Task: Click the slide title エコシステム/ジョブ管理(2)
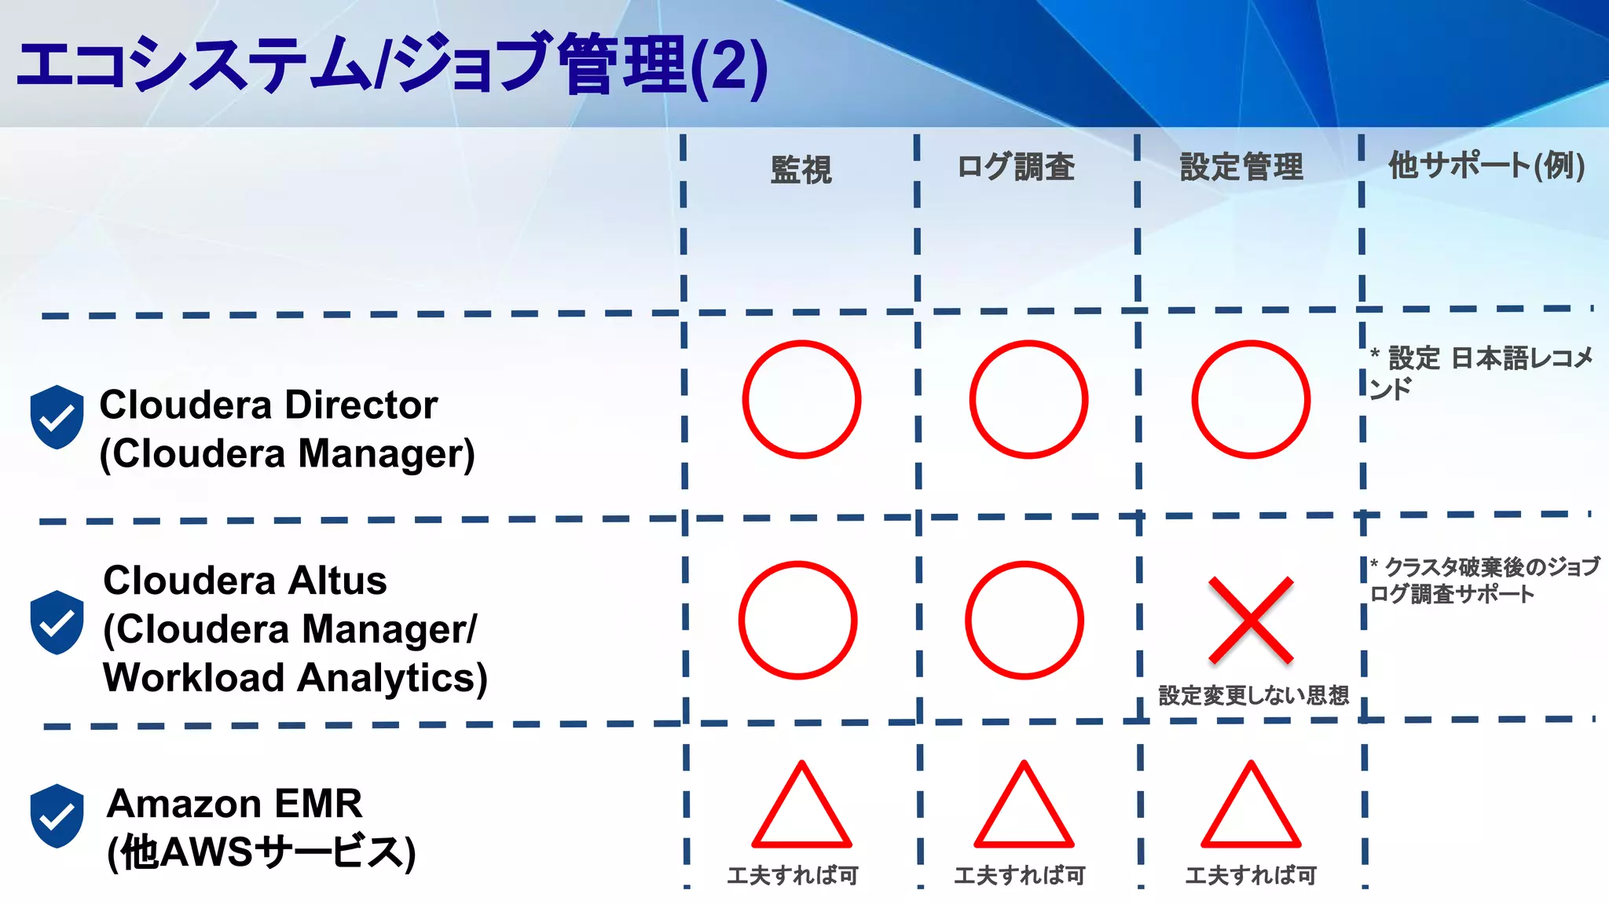[391, 66]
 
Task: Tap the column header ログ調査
[1016, 167]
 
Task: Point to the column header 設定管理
[1241, 167]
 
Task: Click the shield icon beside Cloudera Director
[57, 417]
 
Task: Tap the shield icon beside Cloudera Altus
[57, 622]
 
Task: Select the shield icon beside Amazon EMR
[57, 815]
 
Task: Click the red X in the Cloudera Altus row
[1251, 620]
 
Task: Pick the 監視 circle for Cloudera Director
[801, 399]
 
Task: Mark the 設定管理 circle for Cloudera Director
[1251, 399]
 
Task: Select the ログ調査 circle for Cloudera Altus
[1024, 620]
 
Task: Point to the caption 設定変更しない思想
[1253, 695]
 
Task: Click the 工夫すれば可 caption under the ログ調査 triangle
[1020, 875]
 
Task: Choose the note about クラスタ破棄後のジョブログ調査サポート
[1483, 580]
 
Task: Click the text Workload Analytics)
[295, 678]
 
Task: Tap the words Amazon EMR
[235, 804]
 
